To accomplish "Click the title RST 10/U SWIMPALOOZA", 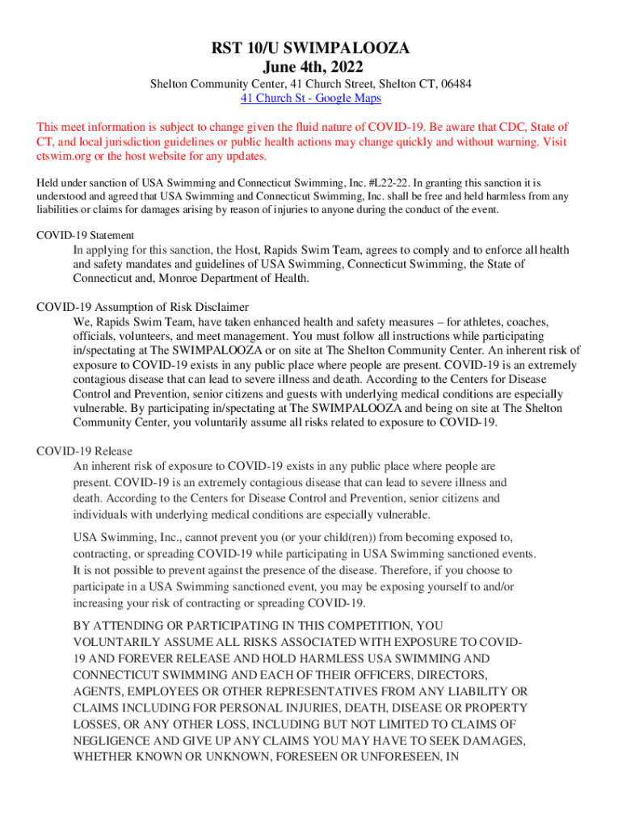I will (x=311, y=49).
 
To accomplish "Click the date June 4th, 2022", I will (x=311, y=67).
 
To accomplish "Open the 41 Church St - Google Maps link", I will (x=311, y=99).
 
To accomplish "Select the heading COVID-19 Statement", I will (x=79, y=235).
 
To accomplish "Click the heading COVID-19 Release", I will (x=85, y=451).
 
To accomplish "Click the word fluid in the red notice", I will (x=295, y=127).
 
